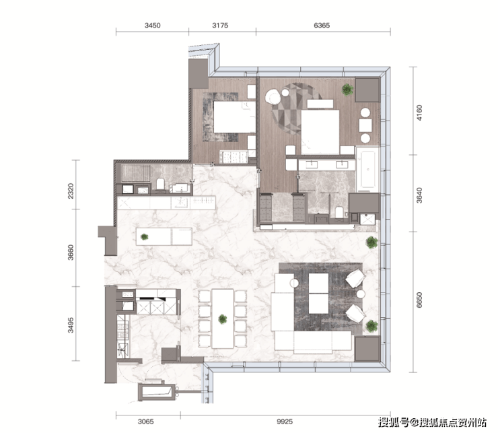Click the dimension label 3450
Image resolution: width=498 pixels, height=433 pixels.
(153, 26)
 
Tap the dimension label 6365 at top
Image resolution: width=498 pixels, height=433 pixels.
(322, 26)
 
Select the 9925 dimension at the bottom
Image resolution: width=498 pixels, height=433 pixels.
(285, 422)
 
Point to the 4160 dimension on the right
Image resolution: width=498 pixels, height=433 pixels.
(419, 113)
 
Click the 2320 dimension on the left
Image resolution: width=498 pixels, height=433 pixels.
(71, 191)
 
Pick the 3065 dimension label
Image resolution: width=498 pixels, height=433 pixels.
(146, 422)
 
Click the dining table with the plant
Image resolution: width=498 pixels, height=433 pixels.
(223, 319)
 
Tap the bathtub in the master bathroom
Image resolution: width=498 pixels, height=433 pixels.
(367, 169)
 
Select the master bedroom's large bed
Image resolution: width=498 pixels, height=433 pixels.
(320, 132)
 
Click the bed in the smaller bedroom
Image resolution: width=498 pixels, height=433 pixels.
(235, 116)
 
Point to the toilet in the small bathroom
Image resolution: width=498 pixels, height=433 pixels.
(160, 185)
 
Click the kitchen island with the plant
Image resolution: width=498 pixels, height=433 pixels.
(164, 236)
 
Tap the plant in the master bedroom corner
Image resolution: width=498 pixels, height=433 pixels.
(347, 90)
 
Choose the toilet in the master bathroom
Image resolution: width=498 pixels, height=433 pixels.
(339, 212)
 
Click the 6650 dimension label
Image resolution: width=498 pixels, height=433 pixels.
(419, 300)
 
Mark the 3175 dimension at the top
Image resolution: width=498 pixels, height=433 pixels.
(220, 26)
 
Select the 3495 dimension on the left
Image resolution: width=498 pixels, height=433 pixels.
(71, 325)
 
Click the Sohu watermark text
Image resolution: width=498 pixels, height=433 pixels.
(432, 422)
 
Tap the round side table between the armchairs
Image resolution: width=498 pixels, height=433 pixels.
(361, 294)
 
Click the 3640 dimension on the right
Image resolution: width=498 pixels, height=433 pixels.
(419, 195)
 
